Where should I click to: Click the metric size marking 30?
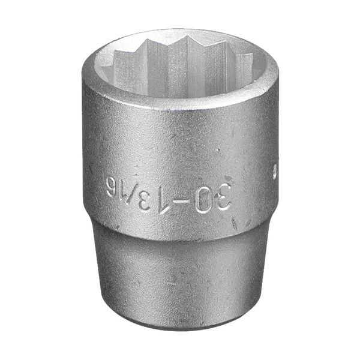(212, 197)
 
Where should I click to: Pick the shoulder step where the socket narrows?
(180, 231)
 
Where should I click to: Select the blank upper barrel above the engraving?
(180, 138)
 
